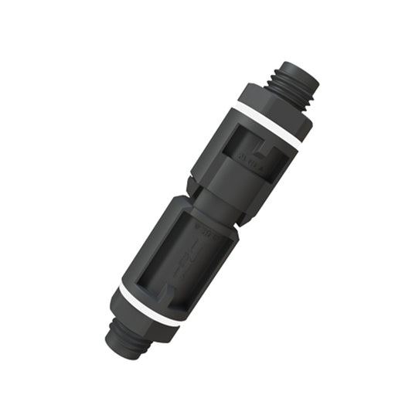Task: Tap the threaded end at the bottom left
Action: [124, 339]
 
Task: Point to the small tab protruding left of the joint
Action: [191, 184]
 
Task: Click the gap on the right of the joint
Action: [240, 219]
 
